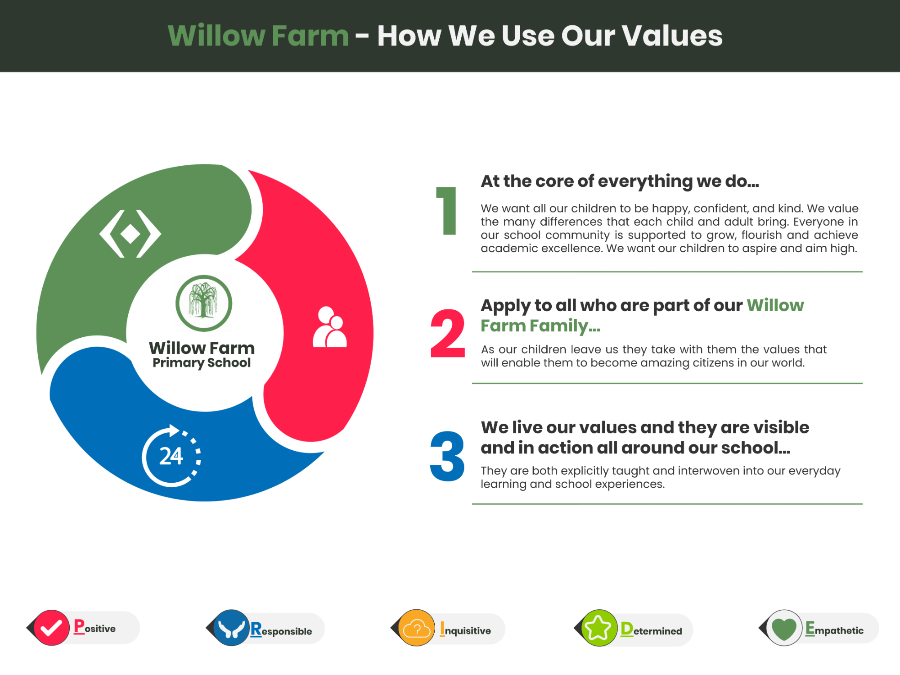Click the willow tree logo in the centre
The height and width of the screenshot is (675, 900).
click(x=204, y=303)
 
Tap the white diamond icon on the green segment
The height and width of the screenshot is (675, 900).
click(x=130, y=234)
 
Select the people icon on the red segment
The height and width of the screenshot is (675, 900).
click(x=330, y=327)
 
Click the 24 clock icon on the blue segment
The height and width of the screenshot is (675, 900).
click(x=171, y=456)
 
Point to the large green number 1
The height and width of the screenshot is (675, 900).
click(x=447, y=211)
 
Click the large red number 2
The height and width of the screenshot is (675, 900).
click(x=447, y=334)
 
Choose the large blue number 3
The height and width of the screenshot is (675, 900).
click(x=447, y=456)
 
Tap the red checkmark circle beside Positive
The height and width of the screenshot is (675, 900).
click(x=52, y=628)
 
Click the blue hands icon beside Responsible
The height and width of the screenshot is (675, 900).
click(x=231, y=628)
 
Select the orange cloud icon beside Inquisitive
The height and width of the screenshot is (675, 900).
click(x=417, y=628)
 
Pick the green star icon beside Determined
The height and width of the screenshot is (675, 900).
click(x=599, y=628)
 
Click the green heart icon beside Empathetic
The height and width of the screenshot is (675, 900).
click(x=784, y=628)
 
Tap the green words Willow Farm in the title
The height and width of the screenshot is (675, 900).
click(x=258, y=36)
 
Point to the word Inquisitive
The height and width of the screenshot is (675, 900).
click(x=465, y=629)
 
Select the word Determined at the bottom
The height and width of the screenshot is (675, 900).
click(x=651, y=629)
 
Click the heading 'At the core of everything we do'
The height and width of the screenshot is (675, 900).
click(x=620, y=181)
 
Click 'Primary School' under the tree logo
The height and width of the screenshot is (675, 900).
click(x=202, y=363)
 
